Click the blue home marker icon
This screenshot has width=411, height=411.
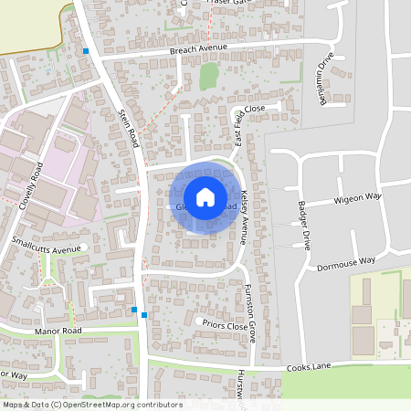[205, 196]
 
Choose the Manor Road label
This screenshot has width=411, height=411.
[58, 330]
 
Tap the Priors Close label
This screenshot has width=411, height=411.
[227, 325]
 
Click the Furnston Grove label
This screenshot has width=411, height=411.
[249, 313]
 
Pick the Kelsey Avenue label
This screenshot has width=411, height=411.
[245, 217]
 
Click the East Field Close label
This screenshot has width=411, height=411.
[248, 125]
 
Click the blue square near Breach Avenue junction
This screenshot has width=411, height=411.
[86, 51]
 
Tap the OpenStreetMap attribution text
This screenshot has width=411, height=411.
[91, 405]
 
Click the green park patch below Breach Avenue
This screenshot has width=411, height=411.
[209, 76]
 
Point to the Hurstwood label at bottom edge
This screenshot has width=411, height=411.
[241, 388]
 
